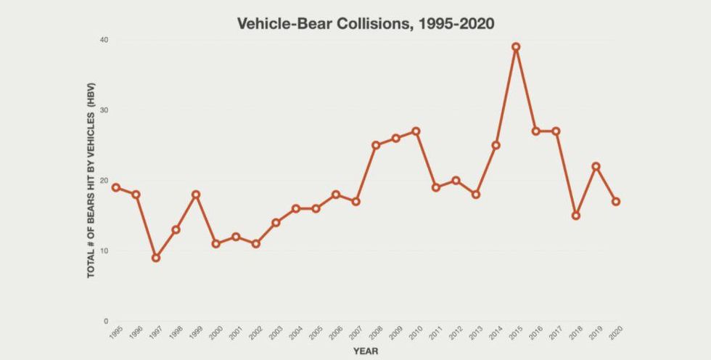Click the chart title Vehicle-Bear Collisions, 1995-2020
pyautogui.click(x=366, y=24)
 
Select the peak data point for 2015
pyautogui.click(x=516, y=47)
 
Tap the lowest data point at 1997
pyautogui.click(x=156, y=258)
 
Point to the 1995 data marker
pyautogui.click(x=116, y=187)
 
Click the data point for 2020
pyautogui.click(x=616, y=202)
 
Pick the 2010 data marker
pyautogui.click(x=416, y=131)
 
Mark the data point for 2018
pyautogui.click(x=576, y=216)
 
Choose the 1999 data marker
pyautogui.click(x=196, y=195)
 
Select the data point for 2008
pyautogui.click(x=376, y=145)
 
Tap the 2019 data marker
pyautogui.click(x=596, y=166)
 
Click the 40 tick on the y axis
pyautogui.click(x=104, y=40)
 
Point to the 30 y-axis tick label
pyautogui.click(x=104, y=110)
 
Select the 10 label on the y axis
pyautogui.click(x=104, y=251)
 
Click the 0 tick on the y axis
pyautogui.click(x=106, y=322)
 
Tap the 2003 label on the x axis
pyautogui.click(x=275, y=333)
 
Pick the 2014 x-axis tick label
pyautogui.click(x=495, y=333)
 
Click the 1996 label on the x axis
pyautogui.click(x=135, y=333)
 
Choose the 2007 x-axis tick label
pyautogui.click(x=355, y=333)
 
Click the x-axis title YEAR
pyautogui.click(x=366, y=351)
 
